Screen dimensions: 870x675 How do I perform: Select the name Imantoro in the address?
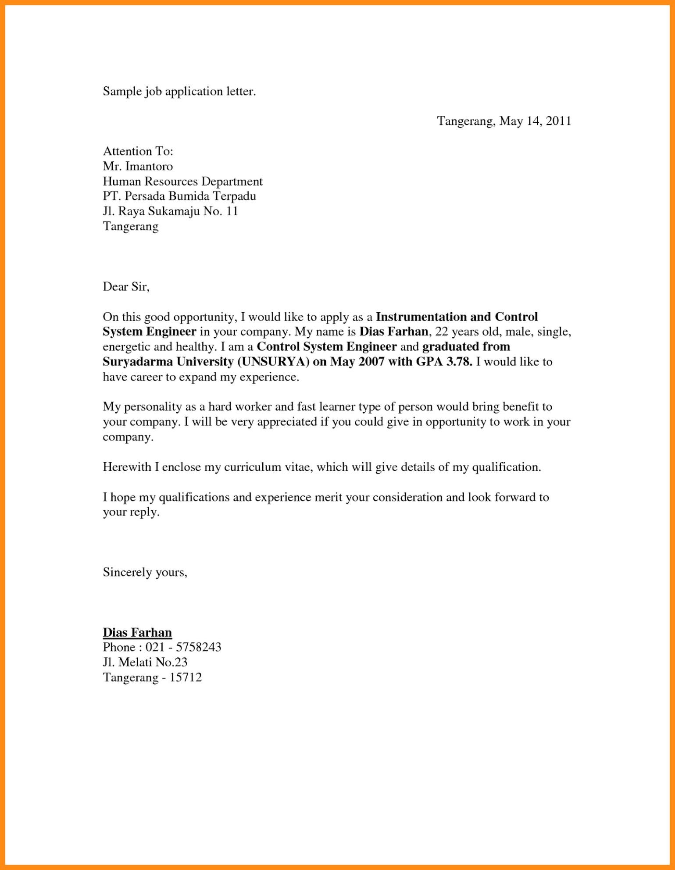pyautogui.click(x=149, y=166)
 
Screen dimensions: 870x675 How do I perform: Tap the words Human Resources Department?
pyautogui.click(x=182, y=181)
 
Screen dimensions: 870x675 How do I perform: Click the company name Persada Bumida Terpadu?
pyautogui.click(x=190, y=196)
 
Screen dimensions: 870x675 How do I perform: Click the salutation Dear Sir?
pyautogui.click(x=126, y=287)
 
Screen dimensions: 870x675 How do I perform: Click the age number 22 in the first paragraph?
pyautogui.click(x=441, y=332)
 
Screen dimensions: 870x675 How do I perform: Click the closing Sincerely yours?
pyautogui.click(x=145, y=572)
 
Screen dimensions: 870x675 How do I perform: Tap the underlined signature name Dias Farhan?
pyautogui.click(x=137, y=632)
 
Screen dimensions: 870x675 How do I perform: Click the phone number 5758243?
pyautogui.click(x=198, y=647)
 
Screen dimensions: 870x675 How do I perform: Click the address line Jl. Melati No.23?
pyautogui.click(x=145, y=662)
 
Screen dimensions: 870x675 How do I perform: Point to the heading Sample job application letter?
pyautogui.click(x=179, y=92)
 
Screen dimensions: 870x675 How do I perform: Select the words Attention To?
pyautogui.click(x=138, y=151)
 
